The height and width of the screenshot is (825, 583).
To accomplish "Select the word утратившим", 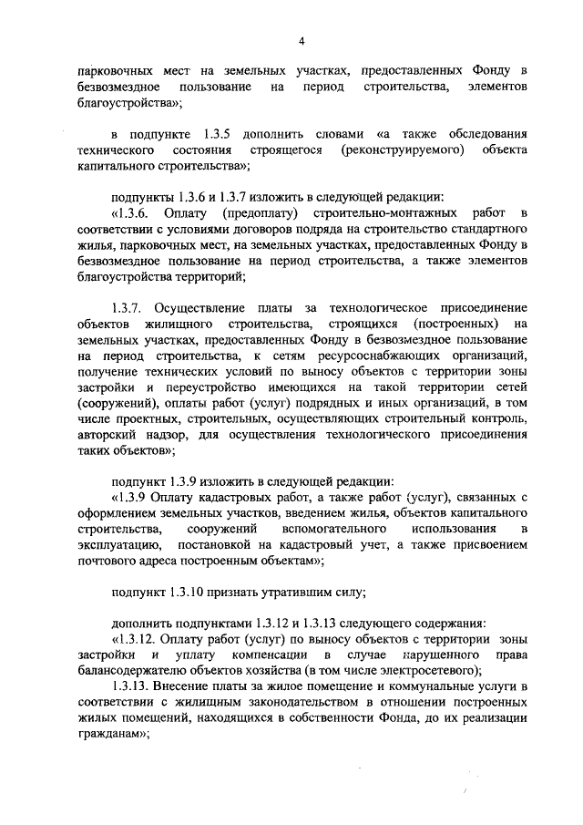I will coord(297,593).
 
